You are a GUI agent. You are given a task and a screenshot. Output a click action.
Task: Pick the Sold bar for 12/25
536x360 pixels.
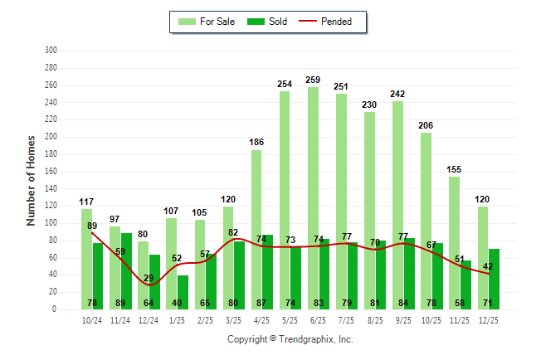click(494, 279)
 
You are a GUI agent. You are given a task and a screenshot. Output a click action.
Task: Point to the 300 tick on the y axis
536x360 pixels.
click(50, 51)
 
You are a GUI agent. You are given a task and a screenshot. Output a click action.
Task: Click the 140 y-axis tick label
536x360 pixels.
click(50, 188)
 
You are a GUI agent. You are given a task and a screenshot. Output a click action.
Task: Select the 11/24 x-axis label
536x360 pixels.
click(120, 319)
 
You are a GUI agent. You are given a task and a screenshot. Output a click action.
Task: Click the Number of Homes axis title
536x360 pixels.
click(31, 180)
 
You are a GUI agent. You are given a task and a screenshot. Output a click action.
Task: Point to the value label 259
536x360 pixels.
click(313, 80)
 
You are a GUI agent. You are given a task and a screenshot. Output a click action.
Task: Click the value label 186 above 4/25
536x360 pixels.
click(256, 143)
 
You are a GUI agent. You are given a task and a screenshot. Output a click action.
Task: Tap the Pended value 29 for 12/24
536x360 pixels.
click(149, 279)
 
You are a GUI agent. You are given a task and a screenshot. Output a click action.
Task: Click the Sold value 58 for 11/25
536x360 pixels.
click(465, 303)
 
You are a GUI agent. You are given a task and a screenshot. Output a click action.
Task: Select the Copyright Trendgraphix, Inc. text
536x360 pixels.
click(290, 339)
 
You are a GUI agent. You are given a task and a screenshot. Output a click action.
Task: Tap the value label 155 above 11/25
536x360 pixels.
click(454, 169)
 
